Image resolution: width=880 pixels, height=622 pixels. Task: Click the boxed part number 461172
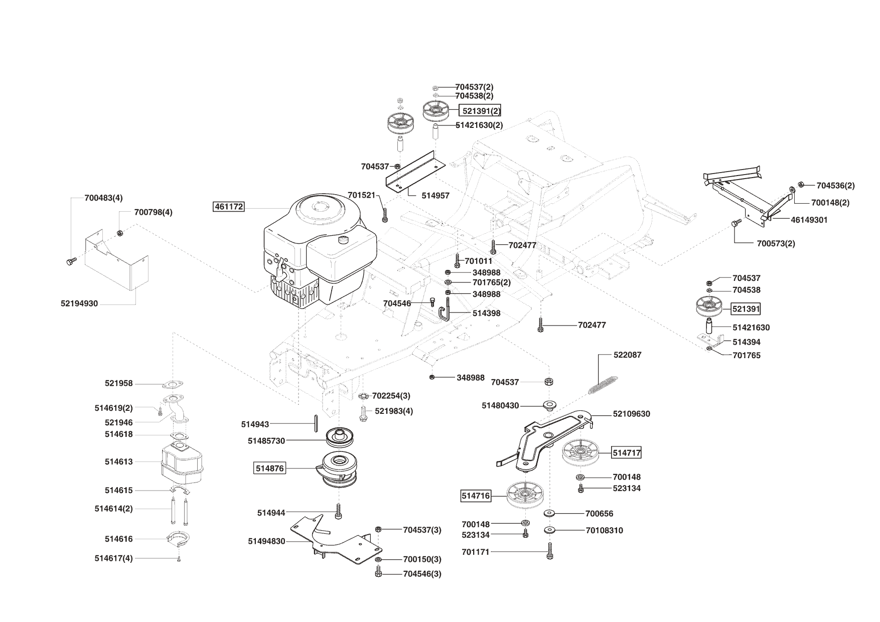coord(229,206)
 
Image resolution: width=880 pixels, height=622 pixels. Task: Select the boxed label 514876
coord(270,469)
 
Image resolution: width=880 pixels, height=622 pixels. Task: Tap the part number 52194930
coord(79,303)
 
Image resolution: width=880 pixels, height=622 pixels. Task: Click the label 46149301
coord(809,220)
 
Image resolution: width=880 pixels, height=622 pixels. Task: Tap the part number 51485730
coord(266,441)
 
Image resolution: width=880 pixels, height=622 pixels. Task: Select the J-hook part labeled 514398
coord(445,314)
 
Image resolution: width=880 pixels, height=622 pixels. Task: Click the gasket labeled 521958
coord(173,385)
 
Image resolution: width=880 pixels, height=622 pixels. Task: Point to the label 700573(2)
coord(776,244)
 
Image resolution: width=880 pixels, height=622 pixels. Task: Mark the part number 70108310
coord(604,530)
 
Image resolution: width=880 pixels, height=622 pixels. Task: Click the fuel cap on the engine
coord(344,239)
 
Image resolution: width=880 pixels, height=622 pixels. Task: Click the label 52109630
coord(631,414)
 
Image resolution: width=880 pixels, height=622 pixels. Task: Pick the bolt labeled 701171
coord(550,552)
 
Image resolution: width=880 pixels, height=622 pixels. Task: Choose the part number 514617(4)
coord(114,558)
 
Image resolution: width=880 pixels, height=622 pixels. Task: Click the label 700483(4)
coord(103,198)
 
